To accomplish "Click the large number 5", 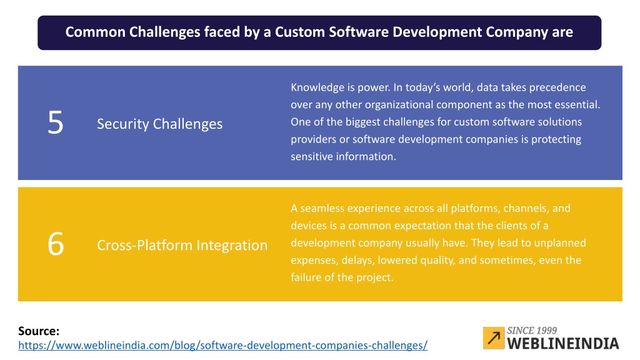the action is coord(56,122).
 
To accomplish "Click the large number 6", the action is coord(56,244).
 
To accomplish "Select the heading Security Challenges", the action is coord(159,124).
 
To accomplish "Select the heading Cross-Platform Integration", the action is coord(182,245).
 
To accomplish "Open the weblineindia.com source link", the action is coord(223,345).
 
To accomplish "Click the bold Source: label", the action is coord(39,331).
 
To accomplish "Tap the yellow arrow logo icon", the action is coord(494,338).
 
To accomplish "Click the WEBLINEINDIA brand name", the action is coord(563,343).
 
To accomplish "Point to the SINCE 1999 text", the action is coord(532,330).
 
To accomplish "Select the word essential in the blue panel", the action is coord(579,104).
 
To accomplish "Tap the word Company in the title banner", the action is coord(517,32).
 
